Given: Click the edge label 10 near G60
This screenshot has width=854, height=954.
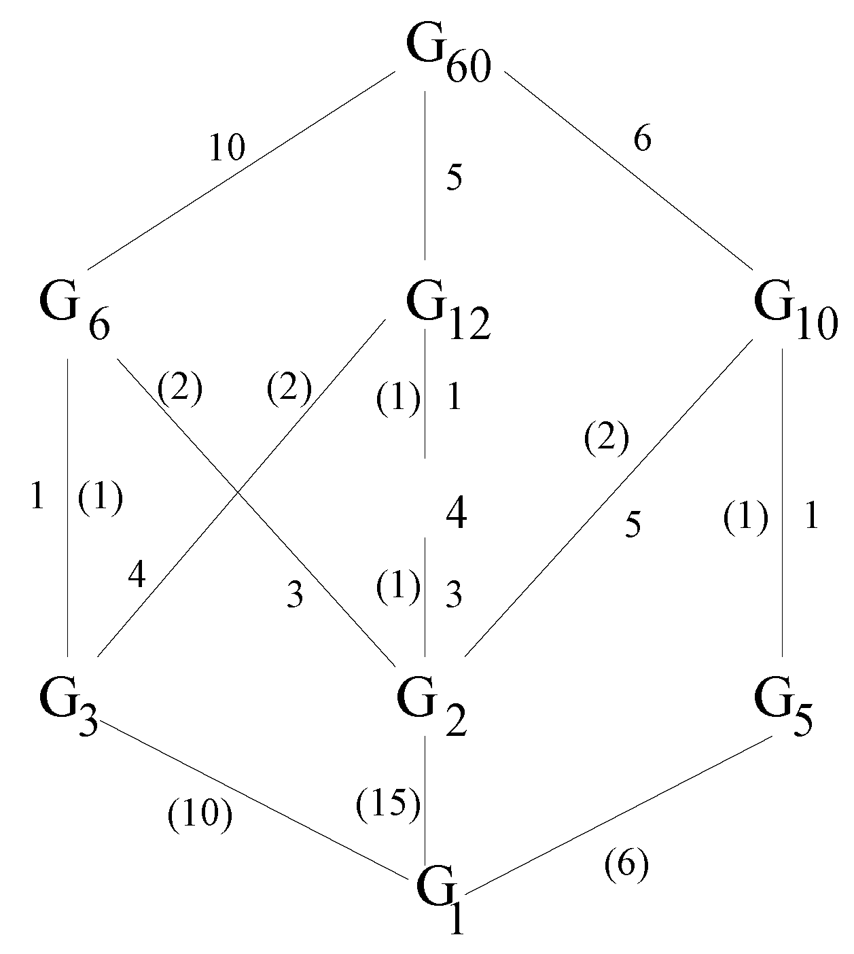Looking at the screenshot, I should click(226, 148).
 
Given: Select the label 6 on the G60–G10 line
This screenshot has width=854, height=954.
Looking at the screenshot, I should click(642, 140).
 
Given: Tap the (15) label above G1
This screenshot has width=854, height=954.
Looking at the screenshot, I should click(387, 805).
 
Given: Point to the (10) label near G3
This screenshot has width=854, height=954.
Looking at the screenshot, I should click(200, 816).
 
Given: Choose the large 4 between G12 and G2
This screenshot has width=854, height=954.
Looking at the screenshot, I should click(455, 515).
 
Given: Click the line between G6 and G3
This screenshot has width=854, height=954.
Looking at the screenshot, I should click(68, 578).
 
